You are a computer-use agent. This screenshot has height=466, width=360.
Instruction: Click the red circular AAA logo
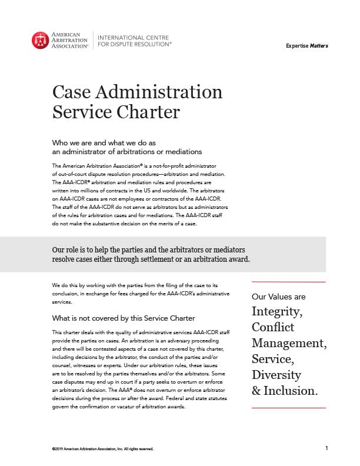tap(41, 39)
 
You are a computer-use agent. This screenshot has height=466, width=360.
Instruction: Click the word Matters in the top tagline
tap(319, 46)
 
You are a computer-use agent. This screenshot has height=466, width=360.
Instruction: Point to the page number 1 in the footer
tap(326, 448)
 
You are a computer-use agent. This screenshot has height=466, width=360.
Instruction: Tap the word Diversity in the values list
tap(276, 375)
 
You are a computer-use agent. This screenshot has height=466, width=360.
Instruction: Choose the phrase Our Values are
tap(278, 297)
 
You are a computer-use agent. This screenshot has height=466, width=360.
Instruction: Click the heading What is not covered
tap(124, 318)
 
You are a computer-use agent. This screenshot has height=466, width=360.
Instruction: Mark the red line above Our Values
tap(288, 282)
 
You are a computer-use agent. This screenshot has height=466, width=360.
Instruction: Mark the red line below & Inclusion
tap(288, 408)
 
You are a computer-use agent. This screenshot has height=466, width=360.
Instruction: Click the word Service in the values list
tap(272, 358)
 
